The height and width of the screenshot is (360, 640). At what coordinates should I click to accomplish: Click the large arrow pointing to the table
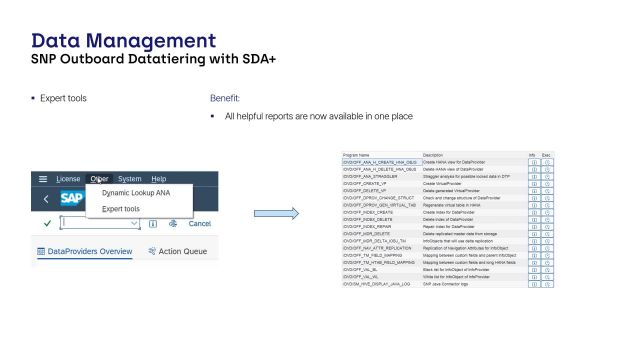(x=277, y=213)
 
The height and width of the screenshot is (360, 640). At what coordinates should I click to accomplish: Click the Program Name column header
(x=357, y=156)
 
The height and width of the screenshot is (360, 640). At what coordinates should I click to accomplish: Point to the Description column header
(x=433, y=156)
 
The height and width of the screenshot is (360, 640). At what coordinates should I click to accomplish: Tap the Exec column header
(x=546, y=156)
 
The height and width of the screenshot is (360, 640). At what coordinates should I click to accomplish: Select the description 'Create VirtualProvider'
(x=443, y=184)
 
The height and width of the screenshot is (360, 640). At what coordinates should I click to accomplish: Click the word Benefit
(x=225, y=99)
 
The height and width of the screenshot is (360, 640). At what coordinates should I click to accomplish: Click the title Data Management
(x=124, y=41)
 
